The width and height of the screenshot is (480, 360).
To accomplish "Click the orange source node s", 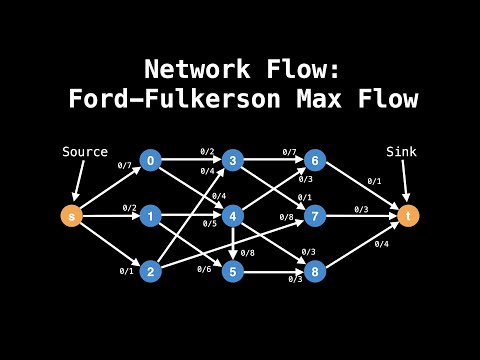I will [71, 215].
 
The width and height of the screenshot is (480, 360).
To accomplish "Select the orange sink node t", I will [406, 215].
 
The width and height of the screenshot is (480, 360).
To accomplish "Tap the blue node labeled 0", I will [150, 159].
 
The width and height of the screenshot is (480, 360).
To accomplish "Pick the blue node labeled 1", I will [150, 215].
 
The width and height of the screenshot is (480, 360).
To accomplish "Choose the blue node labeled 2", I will [150, 271].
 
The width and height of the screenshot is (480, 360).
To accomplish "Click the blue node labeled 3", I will [233, 159].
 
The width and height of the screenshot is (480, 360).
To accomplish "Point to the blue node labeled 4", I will [233, 215].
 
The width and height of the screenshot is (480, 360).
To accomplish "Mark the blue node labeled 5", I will [233, 271].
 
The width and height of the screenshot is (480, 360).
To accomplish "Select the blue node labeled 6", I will [315, 159].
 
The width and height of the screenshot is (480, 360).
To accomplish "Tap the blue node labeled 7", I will [315, 215].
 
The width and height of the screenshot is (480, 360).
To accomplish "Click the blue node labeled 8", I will [315, 271].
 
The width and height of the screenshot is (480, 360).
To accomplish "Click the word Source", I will [85, 152].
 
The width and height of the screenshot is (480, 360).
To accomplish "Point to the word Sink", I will [402, 152].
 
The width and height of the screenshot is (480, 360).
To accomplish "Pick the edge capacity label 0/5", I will [209, 223].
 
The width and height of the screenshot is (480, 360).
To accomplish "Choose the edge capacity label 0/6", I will [204, 268].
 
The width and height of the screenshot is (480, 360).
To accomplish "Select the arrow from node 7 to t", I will [360, 215].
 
